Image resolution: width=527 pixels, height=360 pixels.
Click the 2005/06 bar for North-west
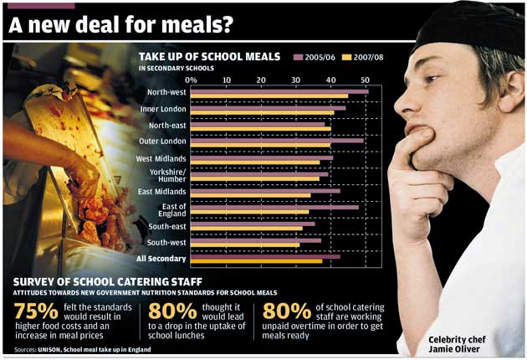click(279, 90)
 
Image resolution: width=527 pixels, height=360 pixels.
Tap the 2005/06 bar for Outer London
click(277, 140)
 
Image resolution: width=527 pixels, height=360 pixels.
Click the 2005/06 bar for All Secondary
click(265, 256)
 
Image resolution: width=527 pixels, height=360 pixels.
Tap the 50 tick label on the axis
click(366, 80)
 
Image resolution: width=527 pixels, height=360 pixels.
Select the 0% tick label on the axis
click(191, 80)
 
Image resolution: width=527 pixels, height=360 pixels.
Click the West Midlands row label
click(161, 158)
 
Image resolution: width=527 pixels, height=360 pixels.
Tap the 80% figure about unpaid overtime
click(285, 312)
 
